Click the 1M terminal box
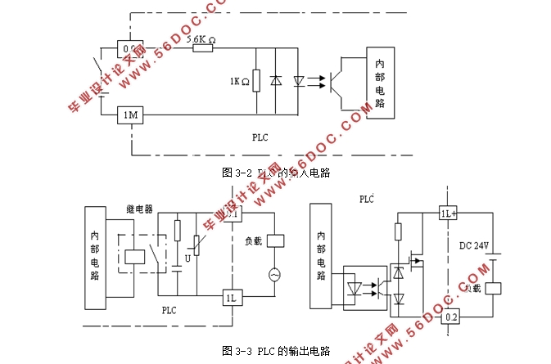tap(130, 116)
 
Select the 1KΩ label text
tap(239, 81)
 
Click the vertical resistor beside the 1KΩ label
tap(256, 80)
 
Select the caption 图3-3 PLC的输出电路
tap(276, 351)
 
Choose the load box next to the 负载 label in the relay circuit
tap(275, 241)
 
